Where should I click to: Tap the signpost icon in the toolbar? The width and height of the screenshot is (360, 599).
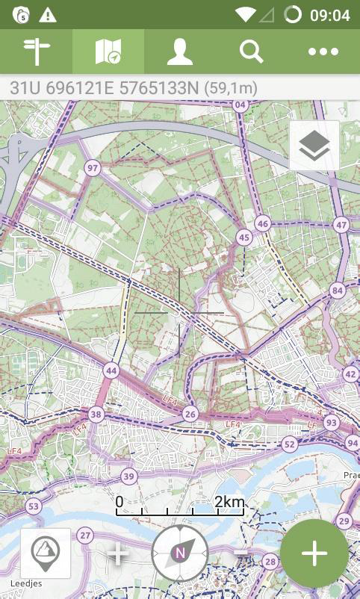pyautogui.click(x=36, y=52)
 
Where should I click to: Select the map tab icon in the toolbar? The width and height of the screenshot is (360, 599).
pyautogui.click(x=108, y=52)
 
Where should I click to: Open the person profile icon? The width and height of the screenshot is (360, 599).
pyautogui.click(x=179, y=52)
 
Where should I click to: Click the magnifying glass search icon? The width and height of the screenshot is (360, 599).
pyautogui.click(x=251, y=52)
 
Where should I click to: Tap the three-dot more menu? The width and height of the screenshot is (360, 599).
pyautogui.click(x=323, y=52)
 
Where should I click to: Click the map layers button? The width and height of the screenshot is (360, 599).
pyautogui.click(x=314, y=146)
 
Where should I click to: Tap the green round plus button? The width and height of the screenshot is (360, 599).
pyautogui.click(x=314, y=553)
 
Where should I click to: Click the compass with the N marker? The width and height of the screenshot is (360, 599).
pyautogui.click(x=179, y=553)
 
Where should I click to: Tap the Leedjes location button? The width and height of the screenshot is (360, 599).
pyautogui.click(x=46, y=553)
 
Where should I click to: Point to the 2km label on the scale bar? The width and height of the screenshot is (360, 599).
pyautogui.click(x=229, y=502)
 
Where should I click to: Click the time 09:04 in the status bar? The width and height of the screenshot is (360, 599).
pyautogui.click(x=329, y=15)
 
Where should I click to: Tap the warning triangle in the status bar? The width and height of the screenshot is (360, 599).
pyautogui.click(x=48, y=15)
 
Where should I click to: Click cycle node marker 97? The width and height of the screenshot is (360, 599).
pyautogui.click(x=93, y=168)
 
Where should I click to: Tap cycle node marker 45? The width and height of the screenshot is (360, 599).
pyautogui.click(x=243, y=238)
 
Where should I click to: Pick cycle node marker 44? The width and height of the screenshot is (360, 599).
pyautogui.click(x=111, y=370)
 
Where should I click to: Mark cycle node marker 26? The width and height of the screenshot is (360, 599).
pyautogui.click(x=190, y=414)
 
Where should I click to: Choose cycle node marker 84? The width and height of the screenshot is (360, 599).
pyautogui.click(x=338, y=291)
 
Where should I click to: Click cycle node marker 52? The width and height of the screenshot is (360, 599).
pyautogui.click(x=290, y=444)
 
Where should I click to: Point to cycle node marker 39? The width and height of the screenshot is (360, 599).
pyautogui.click(x=129, y=477)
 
